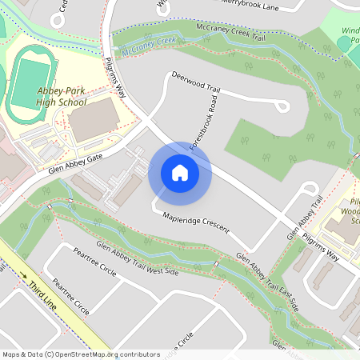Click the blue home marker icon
click(x=179, y=173)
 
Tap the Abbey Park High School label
click(x=61, y=96)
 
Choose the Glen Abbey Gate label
click(x=76, y=165)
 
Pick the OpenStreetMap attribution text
click(x=81, y=354)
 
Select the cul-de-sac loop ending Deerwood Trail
click(x=281, y=106)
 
